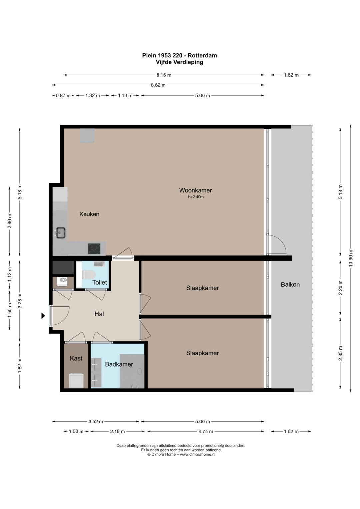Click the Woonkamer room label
195,190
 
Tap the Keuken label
89,214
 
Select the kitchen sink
61,233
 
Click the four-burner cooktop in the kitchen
94,249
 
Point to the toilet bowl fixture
89,275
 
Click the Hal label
99,314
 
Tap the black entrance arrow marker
43,316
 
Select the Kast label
76,358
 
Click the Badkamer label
119,364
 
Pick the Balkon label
290,284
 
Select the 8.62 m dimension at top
158,85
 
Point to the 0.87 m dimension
63,96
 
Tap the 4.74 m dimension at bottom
206,432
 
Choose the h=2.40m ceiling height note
196,197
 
